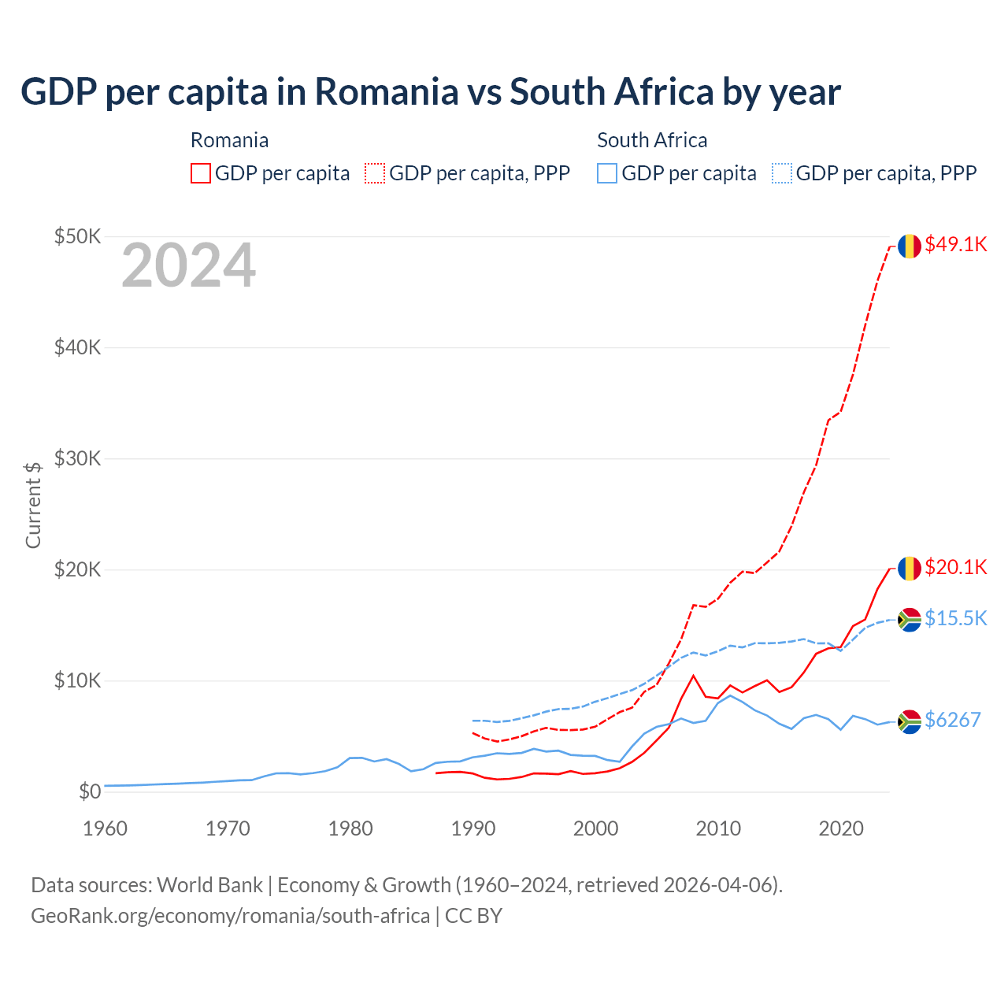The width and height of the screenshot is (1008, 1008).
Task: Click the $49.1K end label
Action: point(955,245)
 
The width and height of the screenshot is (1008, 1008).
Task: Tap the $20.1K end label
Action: point(955,568)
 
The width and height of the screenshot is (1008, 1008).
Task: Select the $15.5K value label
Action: point(955,618)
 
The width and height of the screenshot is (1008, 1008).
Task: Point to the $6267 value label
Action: point(952,720)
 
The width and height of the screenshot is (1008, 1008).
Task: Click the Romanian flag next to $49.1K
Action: point(910,246)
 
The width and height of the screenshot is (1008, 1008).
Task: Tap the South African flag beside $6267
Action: point(910,721)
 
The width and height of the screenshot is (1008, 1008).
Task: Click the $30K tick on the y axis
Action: point(77,458)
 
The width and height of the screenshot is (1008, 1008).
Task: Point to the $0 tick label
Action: point(90,791)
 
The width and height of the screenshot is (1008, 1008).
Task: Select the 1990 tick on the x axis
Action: point(473,828)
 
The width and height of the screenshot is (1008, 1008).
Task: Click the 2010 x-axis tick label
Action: point(718,828)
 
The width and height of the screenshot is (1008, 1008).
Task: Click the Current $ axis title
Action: point(33,505)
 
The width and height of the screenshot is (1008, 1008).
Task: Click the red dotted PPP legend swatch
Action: point(375,173)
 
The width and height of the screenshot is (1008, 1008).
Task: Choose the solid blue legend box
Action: point(606,173)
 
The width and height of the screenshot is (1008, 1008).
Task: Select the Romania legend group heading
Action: point(229,140)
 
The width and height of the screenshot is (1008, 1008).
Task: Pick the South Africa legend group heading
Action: point(652,140)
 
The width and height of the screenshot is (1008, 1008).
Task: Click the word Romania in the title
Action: point(386,92)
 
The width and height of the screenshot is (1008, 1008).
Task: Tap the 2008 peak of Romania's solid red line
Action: point(693,676)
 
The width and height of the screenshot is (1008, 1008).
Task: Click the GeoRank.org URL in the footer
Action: point(230,916)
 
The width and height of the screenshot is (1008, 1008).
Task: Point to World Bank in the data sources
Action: point(209,885)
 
